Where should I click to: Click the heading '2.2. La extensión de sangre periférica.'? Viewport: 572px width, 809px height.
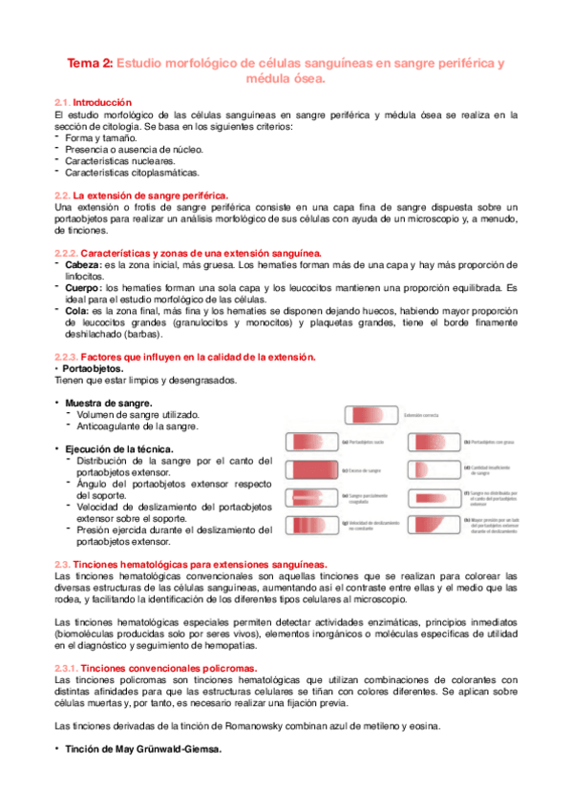pyautogui.click(x=141, y=194)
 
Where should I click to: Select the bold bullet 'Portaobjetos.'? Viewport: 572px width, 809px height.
pyautogui.click(x=92, y=367)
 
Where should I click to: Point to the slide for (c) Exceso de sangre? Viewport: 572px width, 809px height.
pyautogui.click(x=313, y=468)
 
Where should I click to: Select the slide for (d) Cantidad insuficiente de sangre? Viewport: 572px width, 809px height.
pyautogui.click(x=433, y=469)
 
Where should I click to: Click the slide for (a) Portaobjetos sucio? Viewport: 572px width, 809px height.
pyautogui.click(x=313, y=442)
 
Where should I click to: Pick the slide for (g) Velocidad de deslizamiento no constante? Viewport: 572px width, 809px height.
pyautogui.click(x=313, y=524)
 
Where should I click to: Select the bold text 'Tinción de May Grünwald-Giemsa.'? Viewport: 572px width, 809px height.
pyautogui.click(x=142, y=749)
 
